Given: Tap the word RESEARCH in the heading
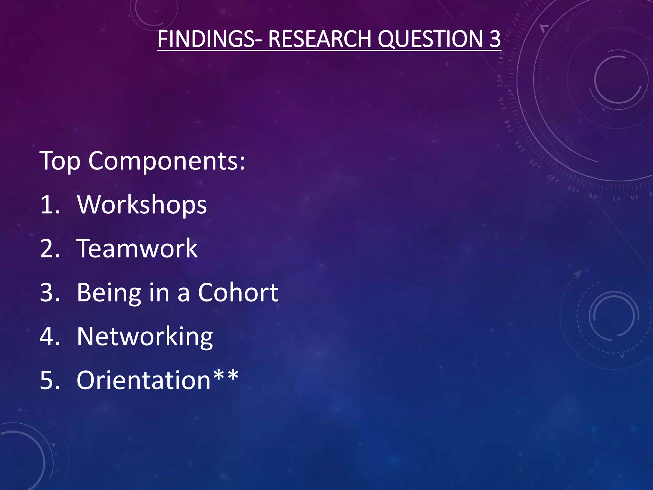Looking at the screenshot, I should (x=319, y=39).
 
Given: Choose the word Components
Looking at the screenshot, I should (x=163, y=161).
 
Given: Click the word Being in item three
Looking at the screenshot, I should (x=109, y=293).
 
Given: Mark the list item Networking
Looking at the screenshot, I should (x=145, y=337).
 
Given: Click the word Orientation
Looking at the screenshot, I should (x=144, y=380).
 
